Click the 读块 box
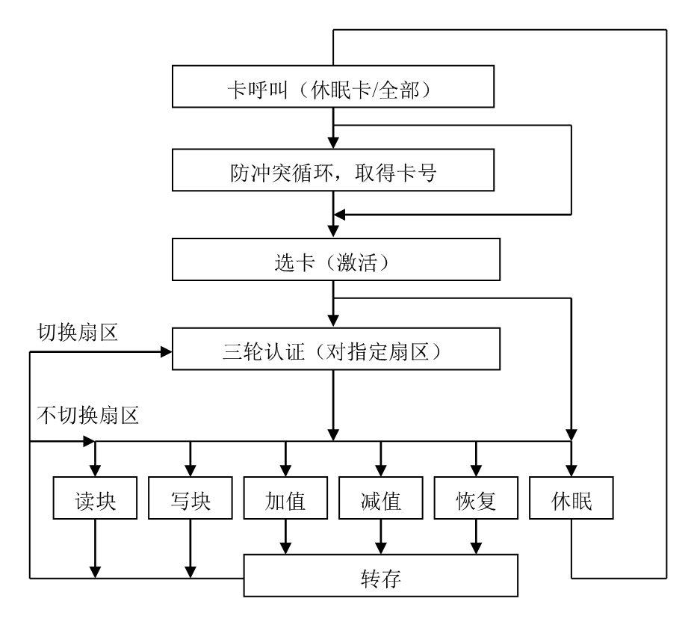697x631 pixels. point(95,499)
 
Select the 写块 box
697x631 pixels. point(190,499)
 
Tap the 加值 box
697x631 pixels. point(285,499)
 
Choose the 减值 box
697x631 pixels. point(380,499)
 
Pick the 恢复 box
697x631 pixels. point(476,499)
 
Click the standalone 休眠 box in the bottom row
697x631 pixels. point(571,499)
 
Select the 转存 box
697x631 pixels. point(380,576)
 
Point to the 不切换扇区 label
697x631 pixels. point(88,415)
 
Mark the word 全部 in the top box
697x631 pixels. point(400,90)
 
